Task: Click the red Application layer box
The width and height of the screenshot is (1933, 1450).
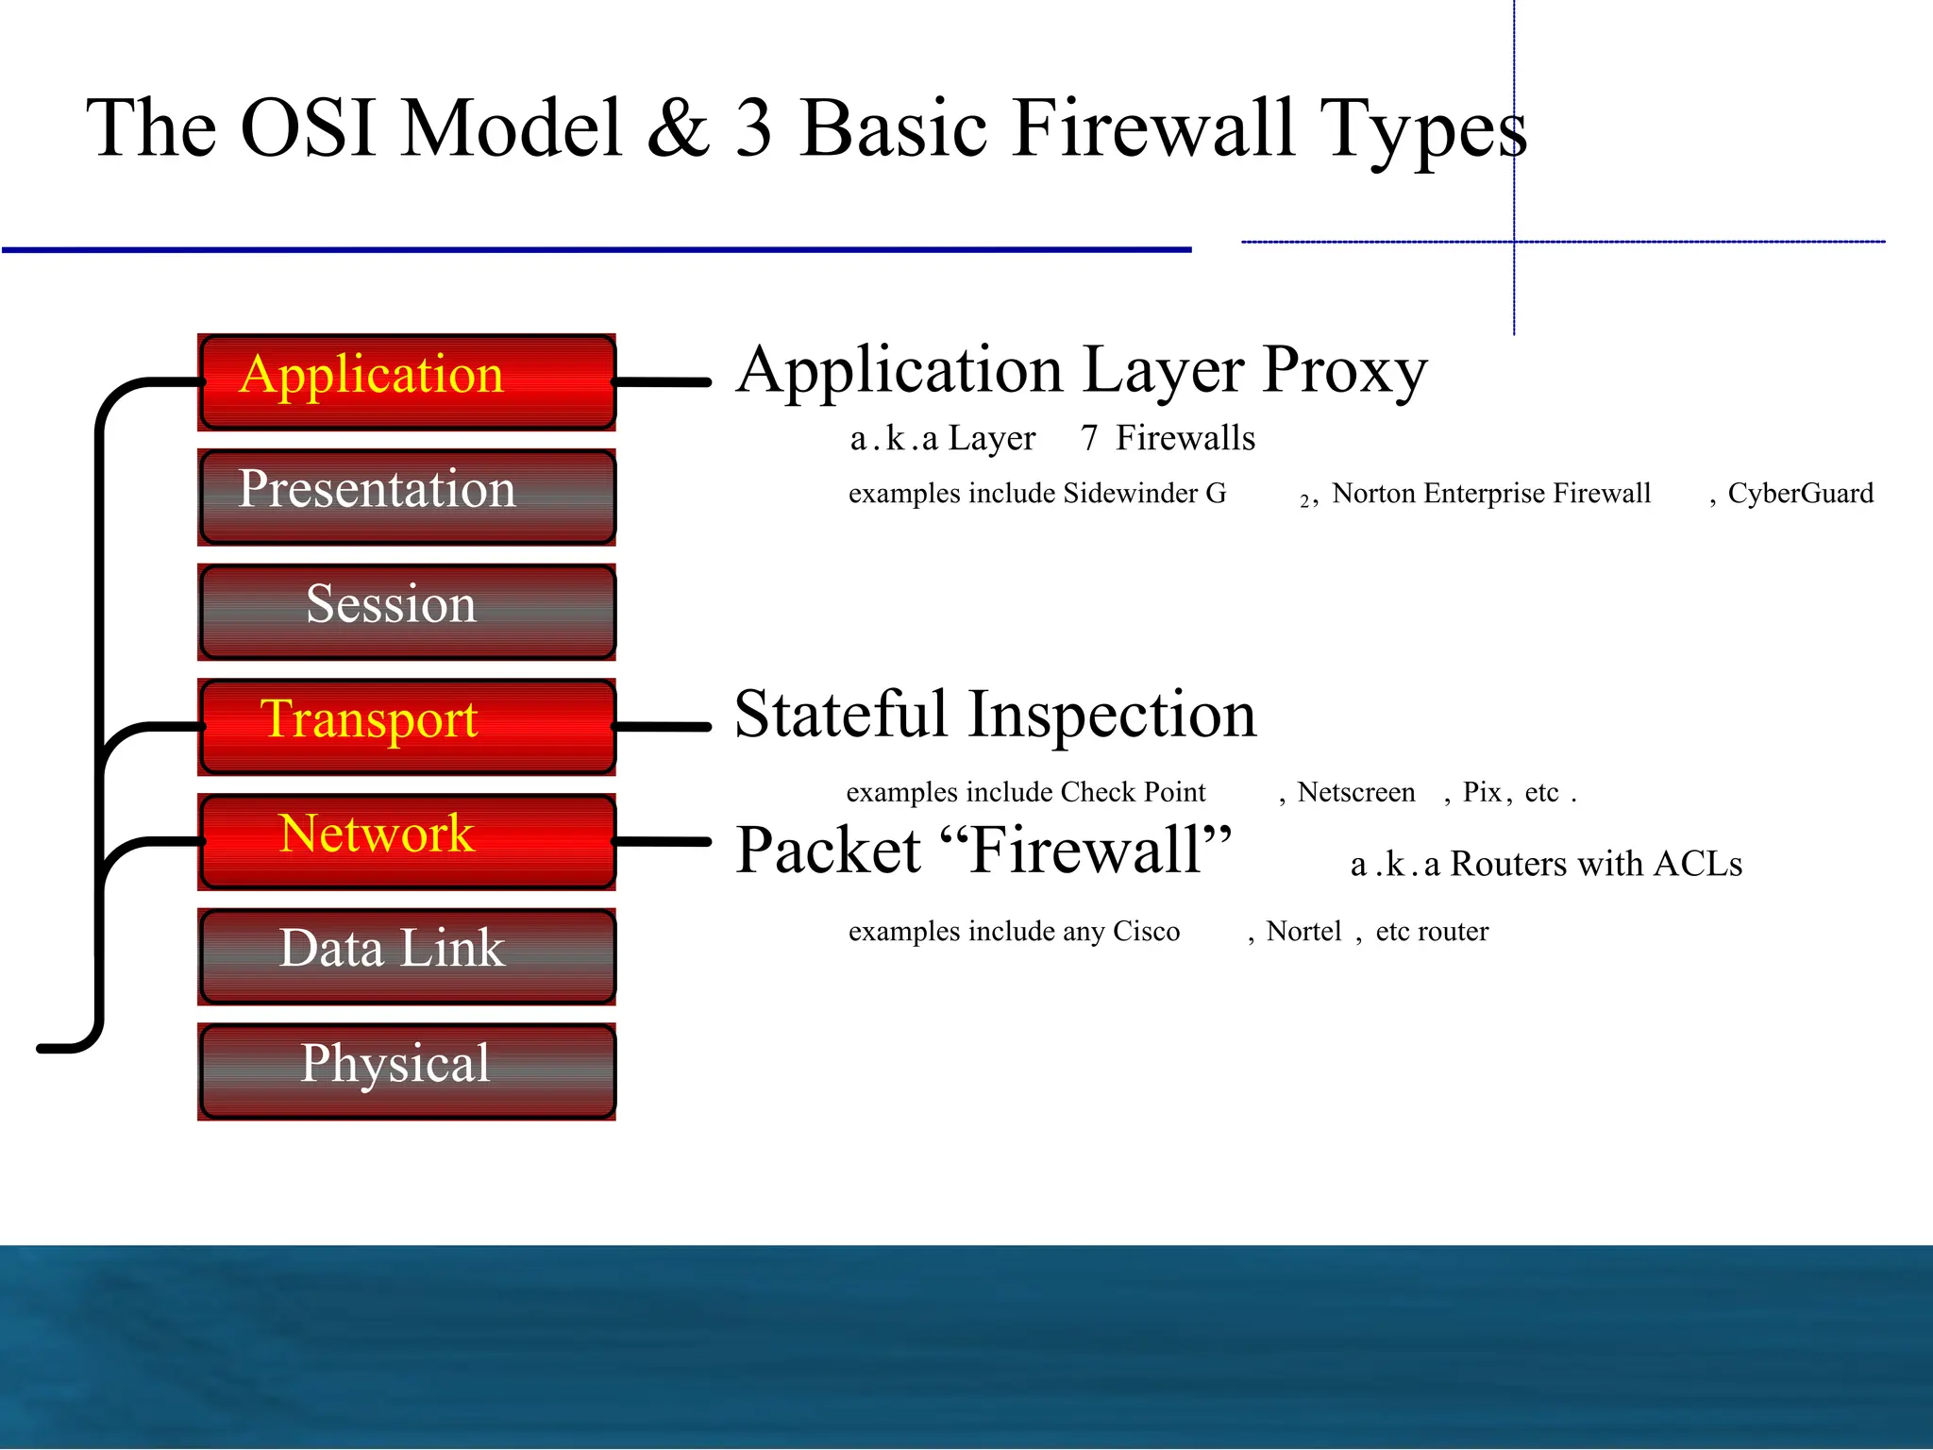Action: [x=407, y=382]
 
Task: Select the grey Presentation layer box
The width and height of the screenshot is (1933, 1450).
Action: [x=407, y=497]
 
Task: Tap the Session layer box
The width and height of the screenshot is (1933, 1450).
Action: [x=407, y=612]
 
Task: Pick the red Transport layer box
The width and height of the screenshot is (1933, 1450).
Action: [x=407, y=727]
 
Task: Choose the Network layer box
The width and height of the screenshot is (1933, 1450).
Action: [x=407, y=841]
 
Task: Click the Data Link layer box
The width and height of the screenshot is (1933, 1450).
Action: [x=407, y=956]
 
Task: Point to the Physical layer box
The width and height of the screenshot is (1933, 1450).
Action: [x=407, y=1071]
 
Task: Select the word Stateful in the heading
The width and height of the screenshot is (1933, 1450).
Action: [x=841, y=715]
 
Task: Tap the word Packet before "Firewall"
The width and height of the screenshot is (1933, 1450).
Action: [x=828, y=851]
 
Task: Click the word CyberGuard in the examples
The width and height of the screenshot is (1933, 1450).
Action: [x=1800, y=494]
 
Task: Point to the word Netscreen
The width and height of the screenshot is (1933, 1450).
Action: [x=1356, y=792]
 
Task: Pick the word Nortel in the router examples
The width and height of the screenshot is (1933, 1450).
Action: [x=1303, y=932]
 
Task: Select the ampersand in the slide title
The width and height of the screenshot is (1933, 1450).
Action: [x=678, y=129]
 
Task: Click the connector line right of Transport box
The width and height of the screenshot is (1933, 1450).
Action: [x=663, y=727]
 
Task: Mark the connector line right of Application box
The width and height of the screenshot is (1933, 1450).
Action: [x=663, y=382]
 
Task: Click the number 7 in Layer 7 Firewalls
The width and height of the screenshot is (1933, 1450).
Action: [x=1089, y=439]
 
